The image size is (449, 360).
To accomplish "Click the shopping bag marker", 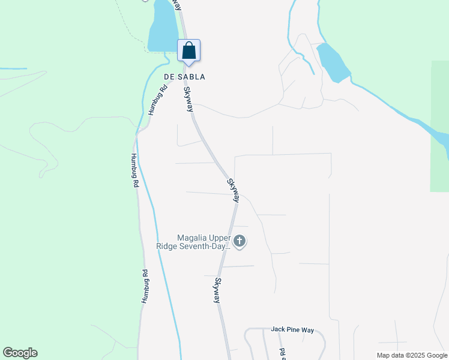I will tap(188, 50).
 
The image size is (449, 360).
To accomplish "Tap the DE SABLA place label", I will tap(185, 77).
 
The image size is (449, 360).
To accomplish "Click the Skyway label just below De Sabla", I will tap(188, 100).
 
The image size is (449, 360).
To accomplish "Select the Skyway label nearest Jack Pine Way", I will tap(218, 290).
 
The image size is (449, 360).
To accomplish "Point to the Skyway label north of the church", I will tap(233, 190).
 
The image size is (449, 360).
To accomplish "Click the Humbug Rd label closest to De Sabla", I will tap(158, 101).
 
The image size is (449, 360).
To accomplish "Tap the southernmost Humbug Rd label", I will tap(144, 286).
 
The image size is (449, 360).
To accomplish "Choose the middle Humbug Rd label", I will tap(134, 171).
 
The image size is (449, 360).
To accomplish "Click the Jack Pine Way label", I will tap(292, 329).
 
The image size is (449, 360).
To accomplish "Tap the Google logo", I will tap(20, 353).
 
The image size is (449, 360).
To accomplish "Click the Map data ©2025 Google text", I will tap(412, 355).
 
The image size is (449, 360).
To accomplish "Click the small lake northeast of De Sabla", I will tap(332, 61).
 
